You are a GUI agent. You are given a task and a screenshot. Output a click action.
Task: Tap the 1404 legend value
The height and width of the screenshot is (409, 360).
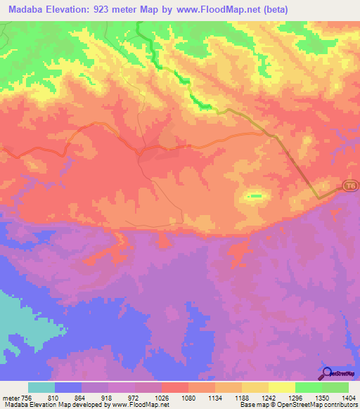pyautogui.click(x=349, y=398)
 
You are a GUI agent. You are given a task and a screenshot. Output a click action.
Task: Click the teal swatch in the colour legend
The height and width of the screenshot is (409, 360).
pyautogui.click(x=41, y=387)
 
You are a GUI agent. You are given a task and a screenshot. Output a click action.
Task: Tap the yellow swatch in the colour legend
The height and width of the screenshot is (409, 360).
pyautogui.click(x=282, y=387)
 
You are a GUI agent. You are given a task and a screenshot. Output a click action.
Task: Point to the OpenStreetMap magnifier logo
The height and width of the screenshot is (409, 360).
pyautogui.click(x=326, y=374)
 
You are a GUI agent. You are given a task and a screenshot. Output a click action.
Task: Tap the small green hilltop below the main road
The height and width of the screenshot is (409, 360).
pyautogui.click(x=255, y=195)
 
